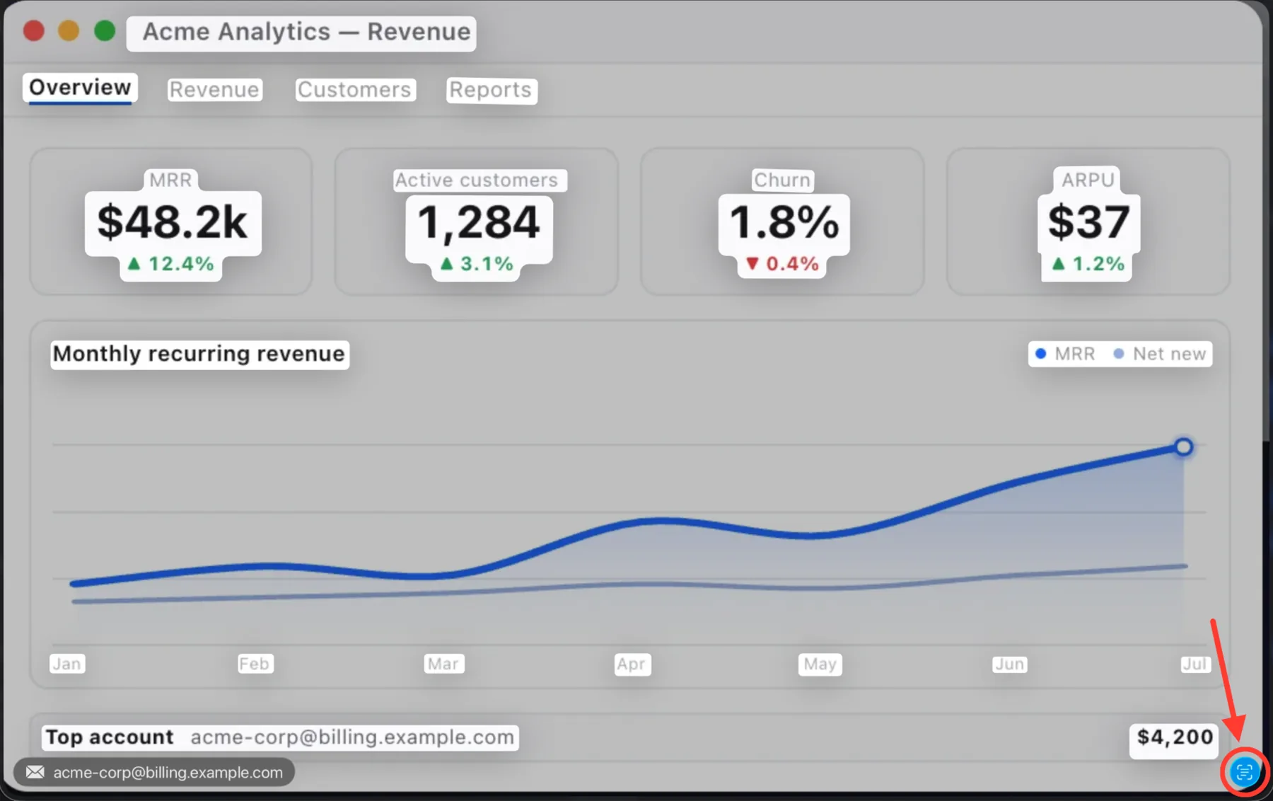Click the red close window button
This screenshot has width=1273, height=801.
[x=34, y=31]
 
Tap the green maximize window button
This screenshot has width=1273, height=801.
[x=105, y=31]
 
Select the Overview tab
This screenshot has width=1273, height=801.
[x=80, y=88]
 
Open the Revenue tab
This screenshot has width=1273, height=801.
[x=214, y=90]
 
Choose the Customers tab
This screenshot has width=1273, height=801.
[x=354, y=90]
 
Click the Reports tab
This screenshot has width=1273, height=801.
[x=491, y=90]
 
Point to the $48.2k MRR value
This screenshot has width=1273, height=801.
[x=173, y=222]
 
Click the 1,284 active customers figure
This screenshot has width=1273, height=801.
[x=479, y=222]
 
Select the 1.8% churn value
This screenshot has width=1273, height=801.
[x=784, y=222]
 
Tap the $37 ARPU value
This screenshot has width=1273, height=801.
[x=1088, y=222]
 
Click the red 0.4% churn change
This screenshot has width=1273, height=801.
[x=783, y=264]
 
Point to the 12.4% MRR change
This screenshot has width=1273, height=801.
[x=170, y=264]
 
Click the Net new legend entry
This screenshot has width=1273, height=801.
[x=1160, y=354]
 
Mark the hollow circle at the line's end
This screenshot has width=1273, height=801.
[x=1183, y=447]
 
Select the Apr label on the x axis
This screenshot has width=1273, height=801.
[x=631, y=664]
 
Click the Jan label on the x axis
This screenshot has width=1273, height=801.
[x=67, y=664]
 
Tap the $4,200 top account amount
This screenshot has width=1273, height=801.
[x=1175, y=737]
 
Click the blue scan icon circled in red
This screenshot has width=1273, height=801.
[x=1245, y=772]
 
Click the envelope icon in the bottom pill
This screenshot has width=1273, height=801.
[x=35, y=772]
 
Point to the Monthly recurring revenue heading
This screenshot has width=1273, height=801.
[x=199, y=354]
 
